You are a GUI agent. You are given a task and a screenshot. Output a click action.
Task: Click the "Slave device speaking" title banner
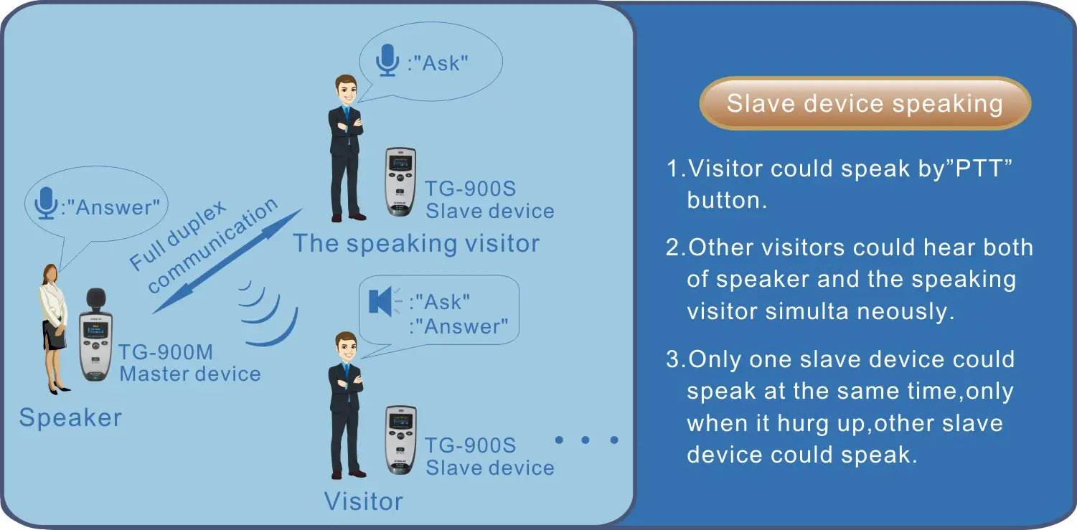click(x=865, y=103)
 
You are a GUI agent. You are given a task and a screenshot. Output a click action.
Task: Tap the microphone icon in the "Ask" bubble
click(x=387, y=60)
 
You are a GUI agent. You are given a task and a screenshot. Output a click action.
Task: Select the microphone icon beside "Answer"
click(x=46, y=203)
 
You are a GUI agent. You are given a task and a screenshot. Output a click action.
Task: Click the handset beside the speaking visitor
click(x=400, y=181)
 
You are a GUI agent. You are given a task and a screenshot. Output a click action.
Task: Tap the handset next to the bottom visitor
click(x=400, y=440)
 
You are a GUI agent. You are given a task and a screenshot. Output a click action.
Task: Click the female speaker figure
click(x=54, y=329)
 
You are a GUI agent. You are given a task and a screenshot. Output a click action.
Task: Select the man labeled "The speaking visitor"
click(x=346, y=148)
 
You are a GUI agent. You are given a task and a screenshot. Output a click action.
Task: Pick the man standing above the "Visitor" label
click(x=346, y=405)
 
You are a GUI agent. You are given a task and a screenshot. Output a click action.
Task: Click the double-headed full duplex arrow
click(x=227, y=261)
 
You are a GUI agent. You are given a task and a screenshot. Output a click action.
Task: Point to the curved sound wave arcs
click(x=269, y=313)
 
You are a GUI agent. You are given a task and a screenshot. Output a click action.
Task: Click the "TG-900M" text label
click(x=166, y=352)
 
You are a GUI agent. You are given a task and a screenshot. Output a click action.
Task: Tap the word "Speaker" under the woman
click(x=70, y=417)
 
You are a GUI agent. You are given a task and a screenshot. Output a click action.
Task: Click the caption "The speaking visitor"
click(x=416, y=243)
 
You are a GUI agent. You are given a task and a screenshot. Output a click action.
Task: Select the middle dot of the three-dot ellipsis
click(x=585, y=440)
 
